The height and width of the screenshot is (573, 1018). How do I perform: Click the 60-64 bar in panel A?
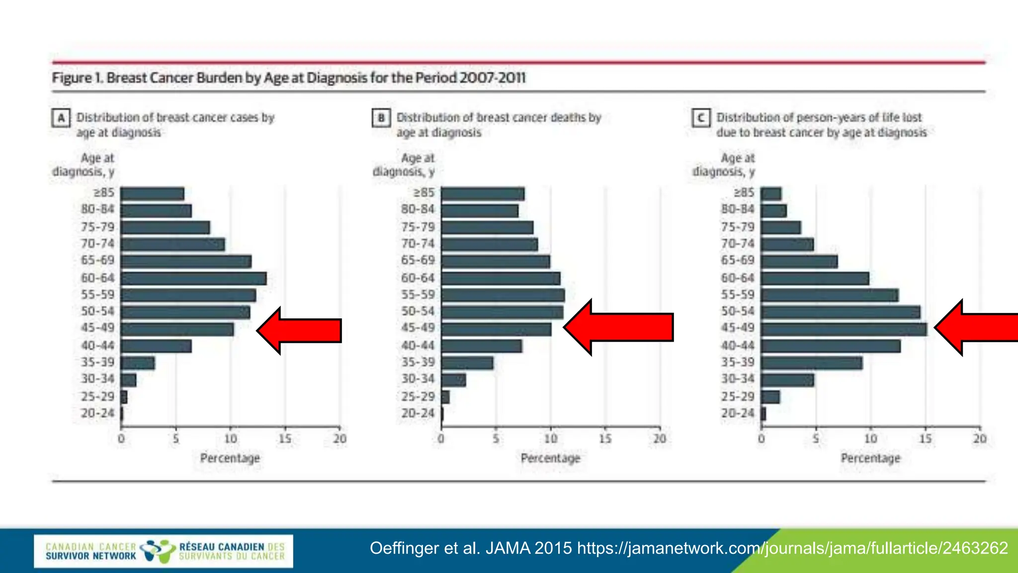194,279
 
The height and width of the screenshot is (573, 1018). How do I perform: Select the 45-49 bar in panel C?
844,329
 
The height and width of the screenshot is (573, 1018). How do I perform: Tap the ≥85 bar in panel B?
483,193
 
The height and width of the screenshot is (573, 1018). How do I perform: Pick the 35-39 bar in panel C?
812,363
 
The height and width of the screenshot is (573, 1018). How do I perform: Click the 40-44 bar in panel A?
156,346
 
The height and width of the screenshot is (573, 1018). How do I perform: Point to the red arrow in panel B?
619,328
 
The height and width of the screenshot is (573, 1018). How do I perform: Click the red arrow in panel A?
300,331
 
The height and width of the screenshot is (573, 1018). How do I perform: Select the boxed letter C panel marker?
701,118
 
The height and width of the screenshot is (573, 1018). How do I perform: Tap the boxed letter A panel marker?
61,118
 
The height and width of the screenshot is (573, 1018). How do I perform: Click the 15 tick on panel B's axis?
605,439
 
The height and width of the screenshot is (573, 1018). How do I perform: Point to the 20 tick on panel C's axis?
980,439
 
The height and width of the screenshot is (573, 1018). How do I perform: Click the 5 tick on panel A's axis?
176,439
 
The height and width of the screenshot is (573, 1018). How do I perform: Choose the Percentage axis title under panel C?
870,458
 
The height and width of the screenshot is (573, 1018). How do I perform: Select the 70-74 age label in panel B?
418,244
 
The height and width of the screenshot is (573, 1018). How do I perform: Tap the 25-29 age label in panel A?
97,396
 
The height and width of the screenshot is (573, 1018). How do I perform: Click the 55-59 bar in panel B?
503,295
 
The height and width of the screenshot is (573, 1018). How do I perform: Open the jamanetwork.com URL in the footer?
792,548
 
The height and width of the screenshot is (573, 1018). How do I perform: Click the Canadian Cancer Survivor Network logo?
164,551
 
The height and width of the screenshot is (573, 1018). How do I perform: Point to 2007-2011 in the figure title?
492,78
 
